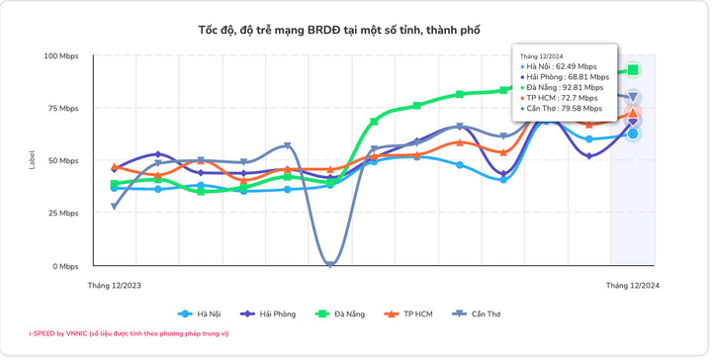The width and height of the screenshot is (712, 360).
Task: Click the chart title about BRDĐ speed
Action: (x=339, y=31)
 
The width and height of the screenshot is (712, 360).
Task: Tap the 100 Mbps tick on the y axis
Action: (x=61, y=56)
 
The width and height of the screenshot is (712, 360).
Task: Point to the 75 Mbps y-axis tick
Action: (x=62, y=109)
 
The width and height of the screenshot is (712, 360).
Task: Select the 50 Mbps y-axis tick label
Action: (x=62, y=160)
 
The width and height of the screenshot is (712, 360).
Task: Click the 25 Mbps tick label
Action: (x=62, y=214)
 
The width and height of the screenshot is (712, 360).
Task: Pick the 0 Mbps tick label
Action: (x=65, y=266)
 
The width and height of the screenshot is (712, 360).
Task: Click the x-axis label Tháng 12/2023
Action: (x=114, y=286)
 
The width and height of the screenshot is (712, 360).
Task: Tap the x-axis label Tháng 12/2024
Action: (x=633, y=286)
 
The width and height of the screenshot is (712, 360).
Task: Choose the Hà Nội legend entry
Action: (x=200, y=314)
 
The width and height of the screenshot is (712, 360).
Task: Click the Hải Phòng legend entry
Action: (x=268, y=314)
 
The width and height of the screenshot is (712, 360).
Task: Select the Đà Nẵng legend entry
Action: (x=340, y=314)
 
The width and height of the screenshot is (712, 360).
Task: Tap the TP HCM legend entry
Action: (x=408, y=314)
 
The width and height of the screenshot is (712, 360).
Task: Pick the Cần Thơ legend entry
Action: (x=477, y=314)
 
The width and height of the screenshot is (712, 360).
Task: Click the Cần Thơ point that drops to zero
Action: (x=330, y=264)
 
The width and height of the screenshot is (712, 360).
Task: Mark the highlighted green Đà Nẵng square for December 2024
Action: (x=633, y=70)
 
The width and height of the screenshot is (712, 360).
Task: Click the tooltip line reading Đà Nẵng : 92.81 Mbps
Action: (x=562, y=88)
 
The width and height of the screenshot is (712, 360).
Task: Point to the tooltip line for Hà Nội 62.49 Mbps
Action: (x=559, y=66)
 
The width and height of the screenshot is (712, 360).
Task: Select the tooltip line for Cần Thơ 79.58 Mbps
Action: (x=562, y=109)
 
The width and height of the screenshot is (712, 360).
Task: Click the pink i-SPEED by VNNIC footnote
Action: (x=129, y=333)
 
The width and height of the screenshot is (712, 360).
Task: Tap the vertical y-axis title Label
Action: (x=32, y=160)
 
